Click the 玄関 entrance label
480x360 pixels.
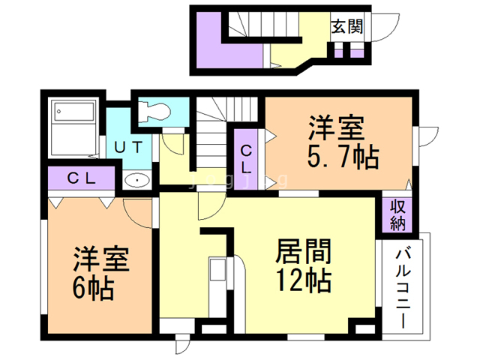348,28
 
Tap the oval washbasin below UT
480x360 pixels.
136,180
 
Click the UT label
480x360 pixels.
128,147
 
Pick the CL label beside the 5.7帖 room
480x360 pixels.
246,158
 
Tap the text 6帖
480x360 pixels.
93,286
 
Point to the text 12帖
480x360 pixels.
304,280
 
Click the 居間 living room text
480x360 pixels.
304,250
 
